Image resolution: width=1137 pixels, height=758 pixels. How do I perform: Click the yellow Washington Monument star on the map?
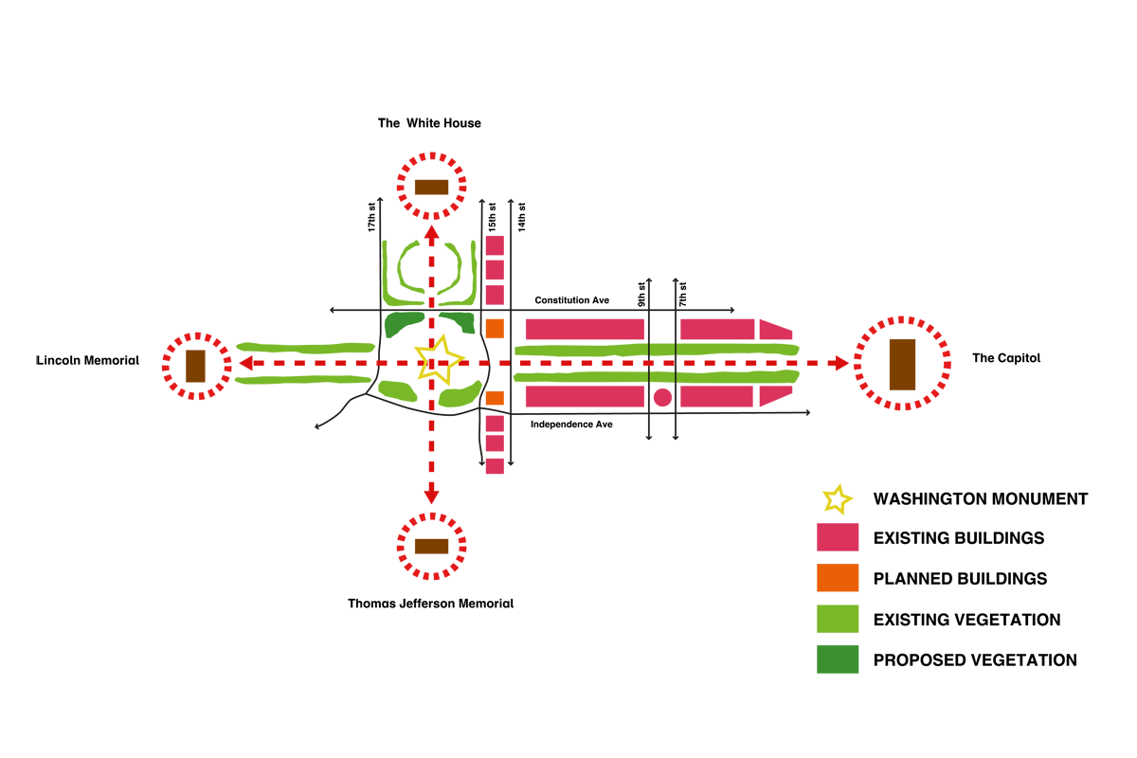click(438, 359)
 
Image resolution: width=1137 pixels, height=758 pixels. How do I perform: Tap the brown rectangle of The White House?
click(431, 187)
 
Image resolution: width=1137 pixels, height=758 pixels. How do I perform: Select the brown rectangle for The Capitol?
click(902, 363)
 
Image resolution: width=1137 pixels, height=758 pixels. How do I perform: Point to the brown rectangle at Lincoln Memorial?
click(196, 366)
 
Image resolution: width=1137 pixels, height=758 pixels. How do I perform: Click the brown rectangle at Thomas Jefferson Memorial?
click(431, 546)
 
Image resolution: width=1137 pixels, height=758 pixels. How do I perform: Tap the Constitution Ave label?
click(571, 300)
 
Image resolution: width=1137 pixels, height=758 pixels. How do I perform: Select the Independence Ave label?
click(571, 424)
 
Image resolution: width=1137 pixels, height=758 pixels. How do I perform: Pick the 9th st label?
click(641, 293)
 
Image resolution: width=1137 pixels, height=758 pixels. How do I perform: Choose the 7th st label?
click(682, 293)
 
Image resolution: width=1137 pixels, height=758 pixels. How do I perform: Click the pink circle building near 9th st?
click(662, 397)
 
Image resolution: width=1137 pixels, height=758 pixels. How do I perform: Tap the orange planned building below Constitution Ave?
click(495, 329)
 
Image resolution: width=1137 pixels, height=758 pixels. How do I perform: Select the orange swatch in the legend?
click(838, 578)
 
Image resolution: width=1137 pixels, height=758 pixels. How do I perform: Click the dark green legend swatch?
click(838, 659)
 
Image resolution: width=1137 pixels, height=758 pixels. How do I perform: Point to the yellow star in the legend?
click(837, 498)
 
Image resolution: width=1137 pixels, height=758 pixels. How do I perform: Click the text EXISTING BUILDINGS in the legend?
click(959, 538)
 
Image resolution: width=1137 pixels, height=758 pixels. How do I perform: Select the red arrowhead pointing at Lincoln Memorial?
click(244, 363)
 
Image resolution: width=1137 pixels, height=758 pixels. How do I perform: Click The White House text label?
click(429, 123)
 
